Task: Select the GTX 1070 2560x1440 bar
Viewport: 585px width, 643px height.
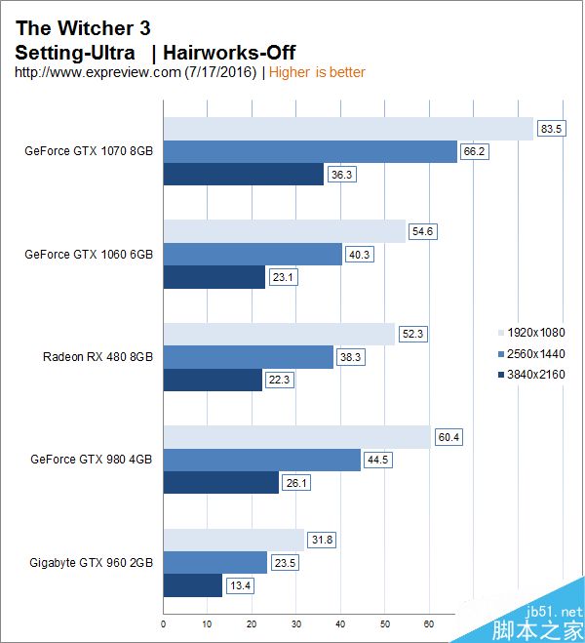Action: click(x=310, y=151)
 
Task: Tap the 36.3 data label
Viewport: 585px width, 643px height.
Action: click(x=341, y=175)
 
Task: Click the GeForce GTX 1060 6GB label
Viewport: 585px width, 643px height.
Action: click(x=89, y=254)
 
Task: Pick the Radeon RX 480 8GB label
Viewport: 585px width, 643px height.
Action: click(x=97, y=356)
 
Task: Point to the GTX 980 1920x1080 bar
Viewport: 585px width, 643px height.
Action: click(x=296, y=437)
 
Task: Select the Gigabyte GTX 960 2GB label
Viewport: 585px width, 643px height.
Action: click(x=92, y=563)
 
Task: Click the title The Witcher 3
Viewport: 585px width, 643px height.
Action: click(x=83, y=28)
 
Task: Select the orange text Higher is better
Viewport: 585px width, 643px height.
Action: click(x=317, y=72)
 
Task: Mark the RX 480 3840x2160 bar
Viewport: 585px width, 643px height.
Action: click(x=213, y=380)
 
